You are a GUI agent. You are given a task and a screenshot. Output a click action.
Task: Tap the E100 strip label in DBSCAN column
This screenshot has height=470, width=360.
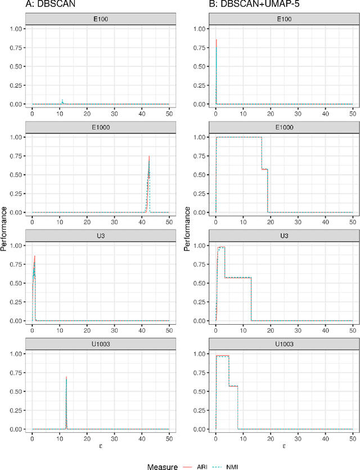[100, 19]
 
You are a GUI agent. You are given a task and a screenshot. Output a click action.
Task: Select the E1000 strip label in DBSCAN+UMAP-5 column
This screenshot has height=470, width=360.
[284, 127]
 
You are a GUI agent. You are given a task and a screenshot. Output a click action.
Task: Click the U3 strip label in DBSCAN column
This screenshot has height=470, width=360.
[100, 236]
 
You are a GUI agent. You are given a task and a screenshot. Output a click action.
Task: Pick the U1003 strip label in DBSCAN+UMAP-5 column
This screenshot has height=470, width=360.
[284, 344]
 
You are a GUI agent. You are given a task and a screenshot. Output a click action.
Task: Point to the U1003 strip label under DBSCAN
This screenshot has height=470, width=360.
[100, 344]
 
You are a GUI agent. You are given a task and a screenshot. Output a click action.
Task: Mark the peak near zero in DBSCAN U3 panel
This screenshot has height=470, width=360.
[34, 257]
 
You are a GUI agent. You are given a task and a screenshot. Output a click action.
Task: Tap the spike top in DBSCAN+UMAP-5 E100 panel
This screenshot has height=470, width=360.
[217, 39]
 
